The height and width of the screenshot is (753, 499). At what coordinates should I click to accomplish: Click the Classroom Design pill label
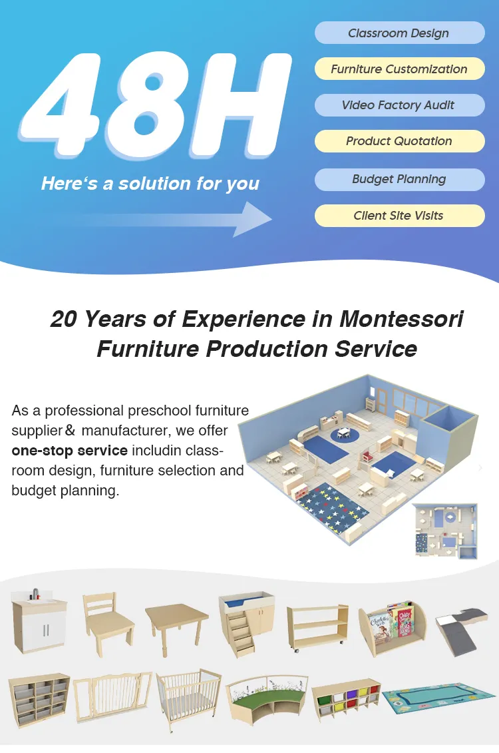tap(399, 33)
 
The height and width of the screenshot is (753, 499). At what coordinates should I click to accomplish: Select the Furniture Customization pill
tap(399, 69)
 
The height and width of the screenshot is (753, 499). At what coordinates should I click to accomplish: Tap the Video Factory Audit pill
tap(399, 105)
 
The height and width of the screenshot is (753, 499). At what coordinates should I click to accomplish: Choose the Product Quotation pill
tap(399, 141)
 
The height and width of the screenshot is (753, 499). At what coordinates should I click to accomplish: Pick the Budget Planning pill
tap(399, 179)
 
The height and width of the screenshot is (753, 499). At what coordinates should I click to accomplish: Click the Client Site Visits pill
tap(399, 216)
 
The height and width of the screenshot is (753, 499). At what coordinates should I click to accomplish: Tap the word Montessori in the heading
tap(401, 319)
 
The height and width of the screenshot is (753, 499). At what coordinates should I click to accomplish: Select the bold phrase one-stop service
tap(69, 451)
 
